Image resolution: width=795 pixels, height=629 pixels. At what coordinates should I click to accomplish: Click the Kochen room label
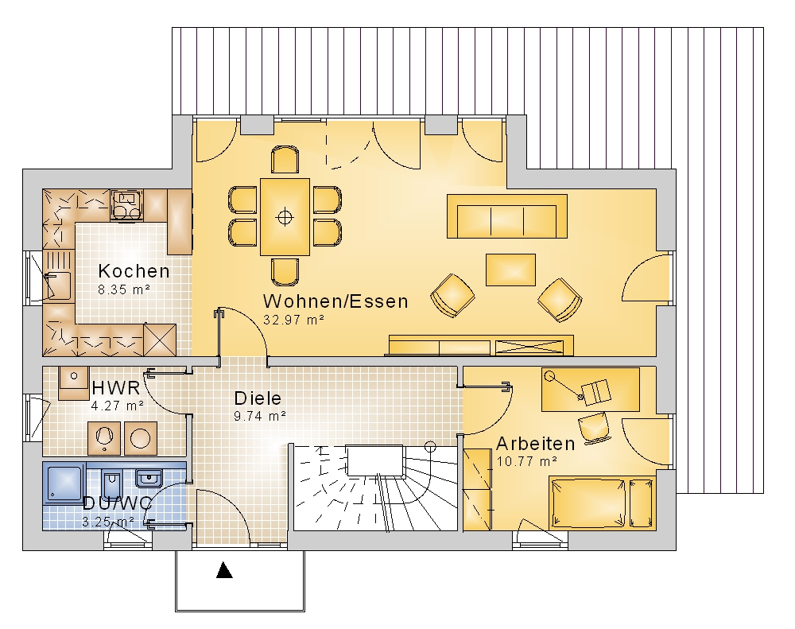[134, 271]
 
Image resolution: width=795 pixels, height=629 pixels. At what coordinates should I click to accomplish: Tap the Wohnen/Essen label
[335, 301]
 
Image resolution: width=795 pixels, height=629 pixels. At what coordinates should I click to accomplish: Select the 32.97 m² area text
[293, 320]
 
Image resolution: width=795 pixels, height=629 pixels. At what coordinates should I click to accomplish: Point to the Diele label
[258, 398]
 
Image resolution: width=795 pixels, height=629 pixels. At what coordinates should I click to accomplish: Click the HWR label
[116, 388]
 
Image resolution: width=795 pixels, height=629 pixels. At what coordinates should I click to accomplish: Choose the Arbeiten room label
[535, 444]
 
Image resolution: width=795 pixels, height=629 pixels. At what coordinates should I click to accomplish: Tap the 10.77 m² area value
[527, 461]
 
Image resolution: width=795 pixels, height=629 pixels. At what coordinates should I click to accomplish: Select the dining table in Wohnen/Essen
[285, 216]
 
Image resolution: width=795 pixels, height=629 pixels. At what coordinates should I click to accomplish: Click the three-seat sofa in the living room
[507, 216]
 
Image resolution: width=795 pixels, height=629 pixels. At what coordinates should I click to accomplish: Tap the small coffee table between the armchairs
[510, 270]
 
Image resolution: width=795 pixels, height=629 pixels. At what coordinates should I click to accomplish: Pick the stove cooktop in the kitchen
[126, 205]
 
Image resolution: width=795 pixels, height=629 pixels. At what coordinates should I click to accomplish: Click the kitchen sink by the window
[59, 285]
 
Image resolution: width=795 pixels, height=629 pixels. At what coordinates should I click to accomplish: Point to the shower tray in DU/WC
[64, 483]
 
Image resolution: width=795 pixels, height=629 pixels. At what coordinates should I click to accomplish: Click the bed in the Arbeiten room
[603, 503]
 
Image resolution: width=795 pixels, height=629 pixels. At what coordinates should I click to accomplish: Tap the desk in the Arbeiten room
[591, 390]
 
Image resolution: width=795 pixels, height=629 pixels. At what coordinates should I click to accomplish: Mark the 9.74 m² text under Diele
[260, 416]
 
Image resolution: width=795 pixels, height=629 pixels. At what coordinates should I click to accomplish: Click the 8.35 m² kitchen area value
[124, 289]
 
